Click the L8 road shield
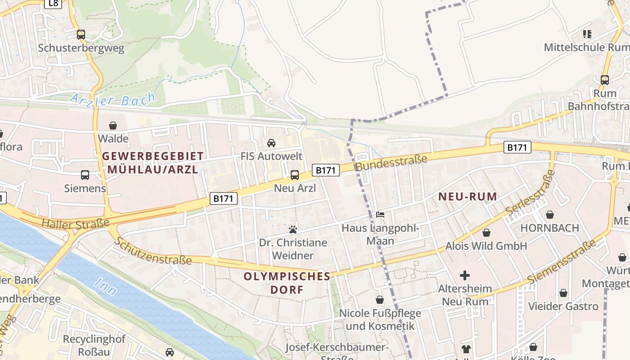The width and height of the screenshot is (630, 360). coord(54,4)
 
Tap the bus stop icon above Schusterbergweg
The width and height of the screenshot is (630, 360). coord(81,34)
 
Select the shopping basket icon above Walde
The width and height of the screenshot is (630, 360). coord(113,125)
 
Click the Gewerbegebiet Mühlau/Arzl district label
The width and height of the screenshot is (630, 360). coord(153,163)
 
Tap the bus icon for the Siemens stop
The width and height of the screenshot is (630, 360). coord(85,175)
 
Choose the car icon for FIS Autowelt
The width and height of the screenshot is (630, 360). coord(271,143)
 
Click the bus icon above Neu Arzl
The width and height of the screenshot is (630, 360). coord(295,175)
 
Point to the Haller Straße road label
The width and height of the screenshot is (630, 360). coord(75,223)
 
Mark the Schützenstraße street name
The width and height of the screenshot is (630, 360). coord(153,251)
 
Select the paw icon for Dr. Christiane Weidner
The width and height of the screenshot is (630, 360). coord(293,229)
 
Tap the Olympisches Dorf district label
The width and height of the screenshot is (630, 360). coord(287,283)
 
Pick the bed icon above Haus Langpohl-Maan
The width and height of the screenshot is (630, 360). coord(380,215)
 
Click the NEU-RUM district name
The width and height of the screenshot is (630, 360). coord(468,197)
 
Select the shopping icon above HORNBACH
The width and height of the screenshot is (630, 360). coord(549,215)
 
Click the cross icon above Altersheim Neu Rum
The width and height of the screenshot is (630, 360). coord(465,275)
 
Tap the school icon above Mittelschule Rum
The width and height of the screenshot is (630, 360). coord(587,34)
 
